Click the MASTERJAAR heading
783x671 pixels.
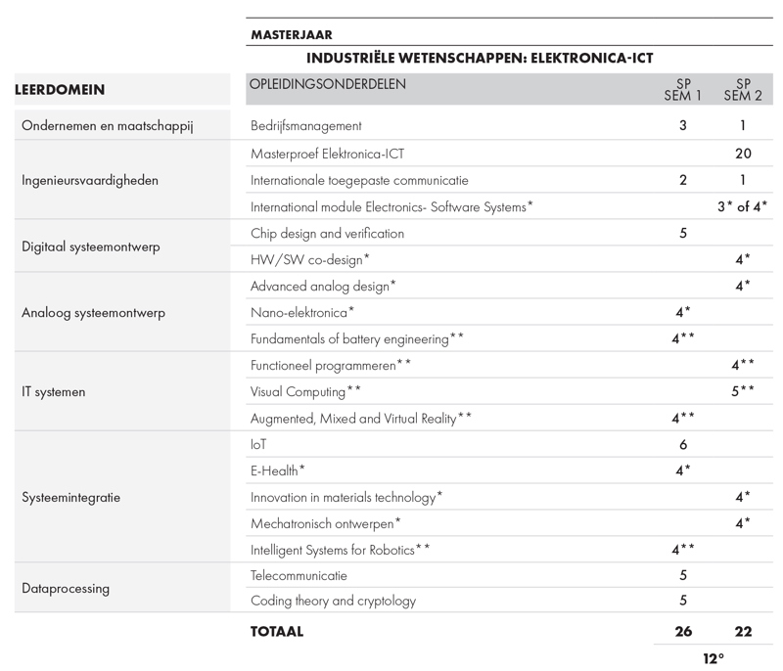(x=291, y=34)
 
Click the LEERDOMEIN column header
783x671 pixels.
(x=60, y=90)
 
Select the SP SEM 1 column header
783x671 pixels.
(x=682, y=89)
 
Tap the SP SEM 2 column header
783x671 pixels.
(x=743, y=89)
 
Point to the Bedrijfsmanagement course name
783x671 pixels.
(x=306, y=126)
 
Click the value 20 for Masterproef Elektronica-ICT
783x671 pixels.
(x=743, y=154)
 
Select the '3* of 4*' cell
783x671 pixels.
(x=743, y=206)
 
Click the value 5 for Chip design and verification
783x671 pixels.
(x=682, y=234)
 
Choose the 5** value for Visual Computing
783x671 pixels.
(x=743, y=391)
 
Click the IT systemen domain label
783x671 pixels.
(x=54, y=392)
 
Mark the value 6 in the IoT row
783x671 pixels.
(x=682, y=444)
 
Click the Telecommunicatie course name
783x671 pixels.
(x=299, y=576)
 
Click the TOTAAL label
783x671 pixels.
(x=277, y=632)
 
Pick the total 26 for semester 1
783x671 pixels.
(x=682, y=632)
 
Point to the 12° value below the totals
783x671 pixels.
(x=714, y=658)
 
